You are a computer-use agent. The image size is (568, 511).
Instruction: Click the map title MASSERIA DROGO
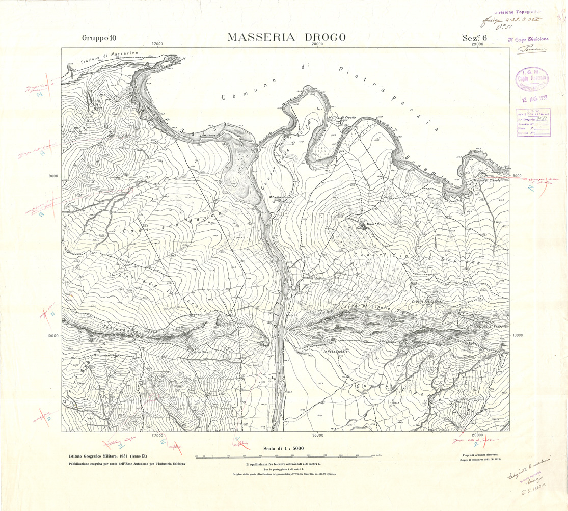click(x=287, y=37)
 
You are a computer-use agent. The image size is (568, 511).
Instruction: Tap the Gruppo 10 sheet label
click(x=99, y=38)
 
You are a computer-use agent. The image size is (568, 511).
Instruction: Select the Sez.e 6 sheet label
click(x=475, y=38)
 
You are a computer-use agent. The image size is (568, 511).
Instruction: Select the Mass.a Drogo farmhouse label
click(x=375, y=224)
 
